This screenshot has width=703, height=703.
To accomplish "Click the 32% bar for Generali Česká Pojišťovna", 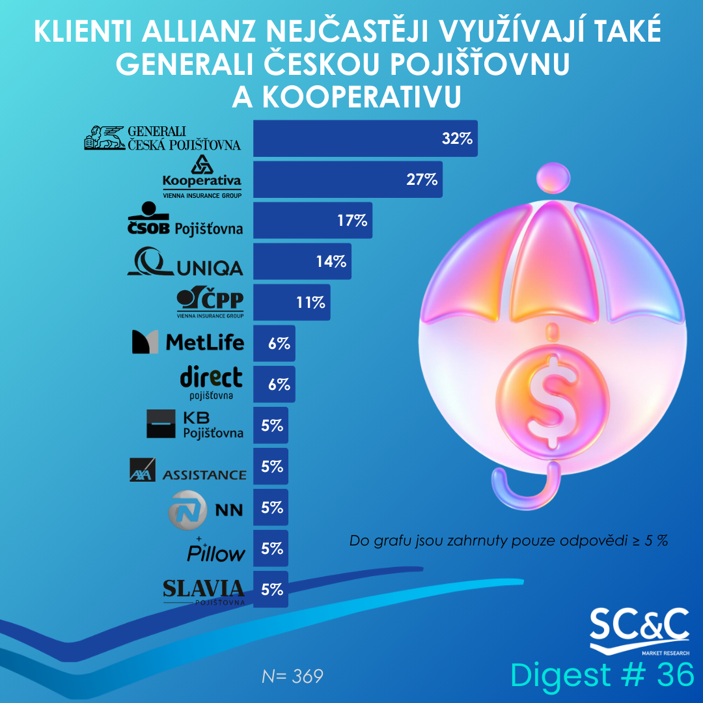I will tap(365, 138).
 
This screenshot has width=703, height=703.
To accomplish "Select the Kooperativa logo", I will tap(202, 176).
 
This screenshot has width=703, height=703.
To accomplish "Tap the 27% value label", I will tap(422, 180).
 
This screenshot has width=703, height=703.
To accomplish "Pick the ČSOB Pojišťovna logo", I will tap(184, 220).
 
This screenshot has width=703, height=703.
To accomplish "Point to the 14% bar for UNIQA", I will tap(301, 262).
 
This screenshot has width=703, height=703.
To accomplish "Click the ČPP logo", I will tap(210, 303).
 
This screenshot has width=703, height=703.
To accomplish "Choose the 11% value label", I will tap(310, 303).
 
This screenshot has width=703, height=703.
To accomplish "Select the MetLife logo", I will tap(187, 342).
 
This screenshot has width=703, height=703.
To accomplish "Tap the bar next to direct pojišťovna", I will tap(273, 384).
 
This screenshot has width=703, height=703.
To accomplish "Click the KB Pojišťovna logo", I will tap(195, 424).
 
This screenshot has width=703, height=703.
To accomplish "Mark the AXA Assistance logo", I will tap(187, 470).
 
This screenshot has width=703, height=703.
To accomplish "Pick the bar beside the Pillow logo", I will tap(270, 548).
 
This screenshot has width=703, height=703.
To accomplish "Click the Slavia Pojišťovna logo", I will tap(204, 591).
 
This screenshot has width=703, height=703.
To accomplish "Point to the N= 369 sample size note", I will tap(292, 676).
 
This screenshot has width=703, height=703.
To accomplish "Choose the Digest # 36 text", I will tap(602, 675).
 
